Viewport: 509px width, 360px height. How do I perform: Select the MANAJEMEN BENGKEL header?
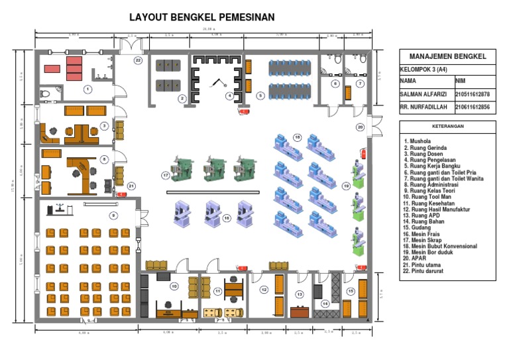coord(448,56)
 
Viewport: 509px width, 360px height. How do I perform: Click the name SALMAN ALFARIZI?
coord(424,94)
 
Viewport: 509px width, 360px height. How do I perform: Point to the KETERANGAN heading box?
coord(447,125)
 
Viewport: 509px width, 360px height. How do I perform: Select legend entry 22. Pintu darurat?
coord(426,271)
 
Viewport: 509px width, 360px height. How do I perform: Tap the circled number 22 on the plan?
coord(138,60)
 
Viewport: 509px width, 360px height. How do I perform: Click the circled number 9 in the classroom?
coord(113,215)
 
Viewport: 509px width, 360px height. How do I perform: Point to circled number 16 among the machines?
coord(226,218)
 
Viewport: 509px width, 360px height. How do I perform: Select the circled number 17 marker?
coord(166,175)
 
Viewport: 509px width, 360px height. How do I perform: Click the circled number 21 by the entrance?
coord(131,186)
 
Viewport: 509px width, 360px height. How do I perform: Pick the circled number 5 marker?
coord(260,95)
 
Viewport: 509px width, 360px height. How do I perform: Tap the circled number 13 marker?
coord(300,294)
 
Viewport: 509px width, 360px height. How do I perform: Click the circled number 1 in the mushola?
coord(87,88)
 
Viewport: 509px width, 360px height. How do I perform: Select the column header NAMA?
coord(408,81)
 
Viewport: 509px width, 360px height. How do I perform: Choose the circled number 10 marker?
coord(174,286)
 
